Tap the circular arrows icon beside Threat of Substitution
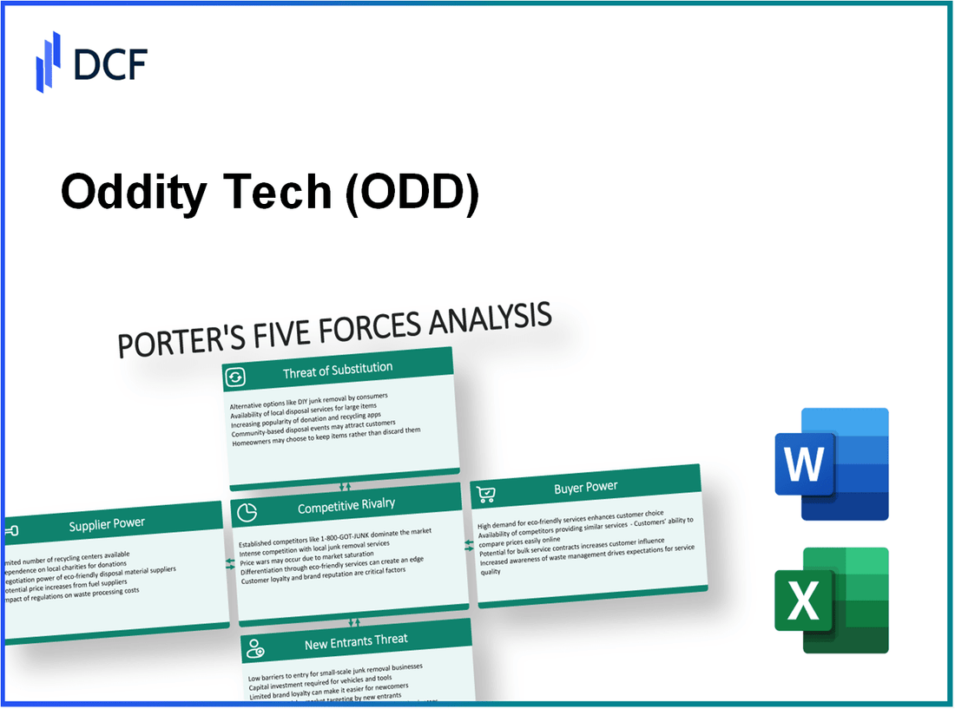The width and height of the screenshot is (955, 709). tap(235, 377)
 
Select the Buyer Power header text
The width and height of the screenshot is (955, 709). tap(586, 487)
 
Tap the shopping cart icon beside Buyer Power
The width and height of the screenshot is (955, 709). tap(486, 495)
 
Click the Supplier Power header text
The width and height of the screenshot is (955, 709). tap(107, 523)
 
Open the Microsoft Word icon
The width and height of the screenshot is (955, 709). tap(831, 464)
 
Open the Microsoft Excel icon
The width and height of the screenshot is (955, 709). tap(831, 600)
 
